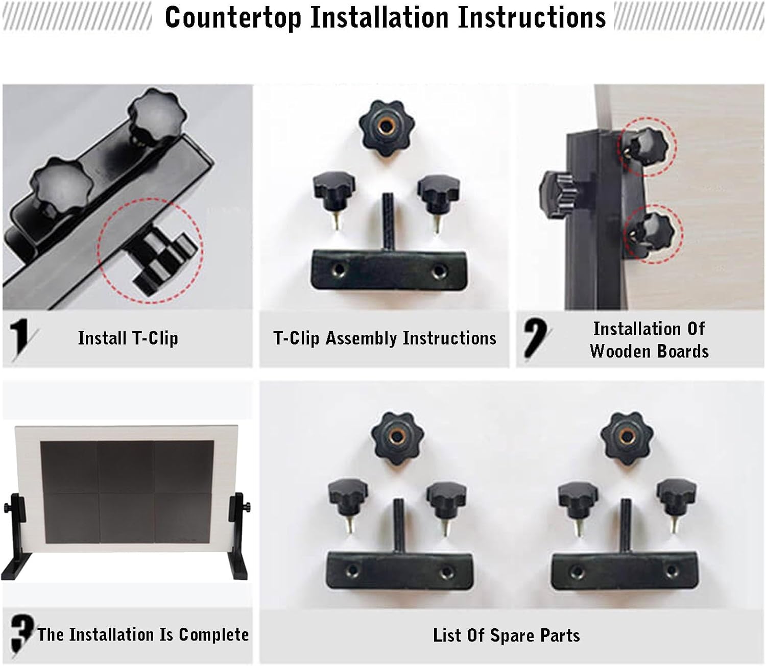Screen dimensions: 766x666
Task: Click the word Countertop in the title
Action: [x=233, y=18]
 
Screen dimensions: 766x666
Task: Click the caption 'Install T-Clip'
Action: [x=128, y=338]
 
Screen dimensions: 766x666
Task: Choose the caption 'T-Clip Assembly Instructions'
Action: [x=385, y=338]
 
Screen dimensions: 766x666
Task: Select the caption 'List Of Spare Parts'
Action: [x=506, y=635]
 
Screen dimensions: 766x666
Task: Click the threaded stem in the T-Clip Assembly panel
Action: [x=388, y=219]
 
